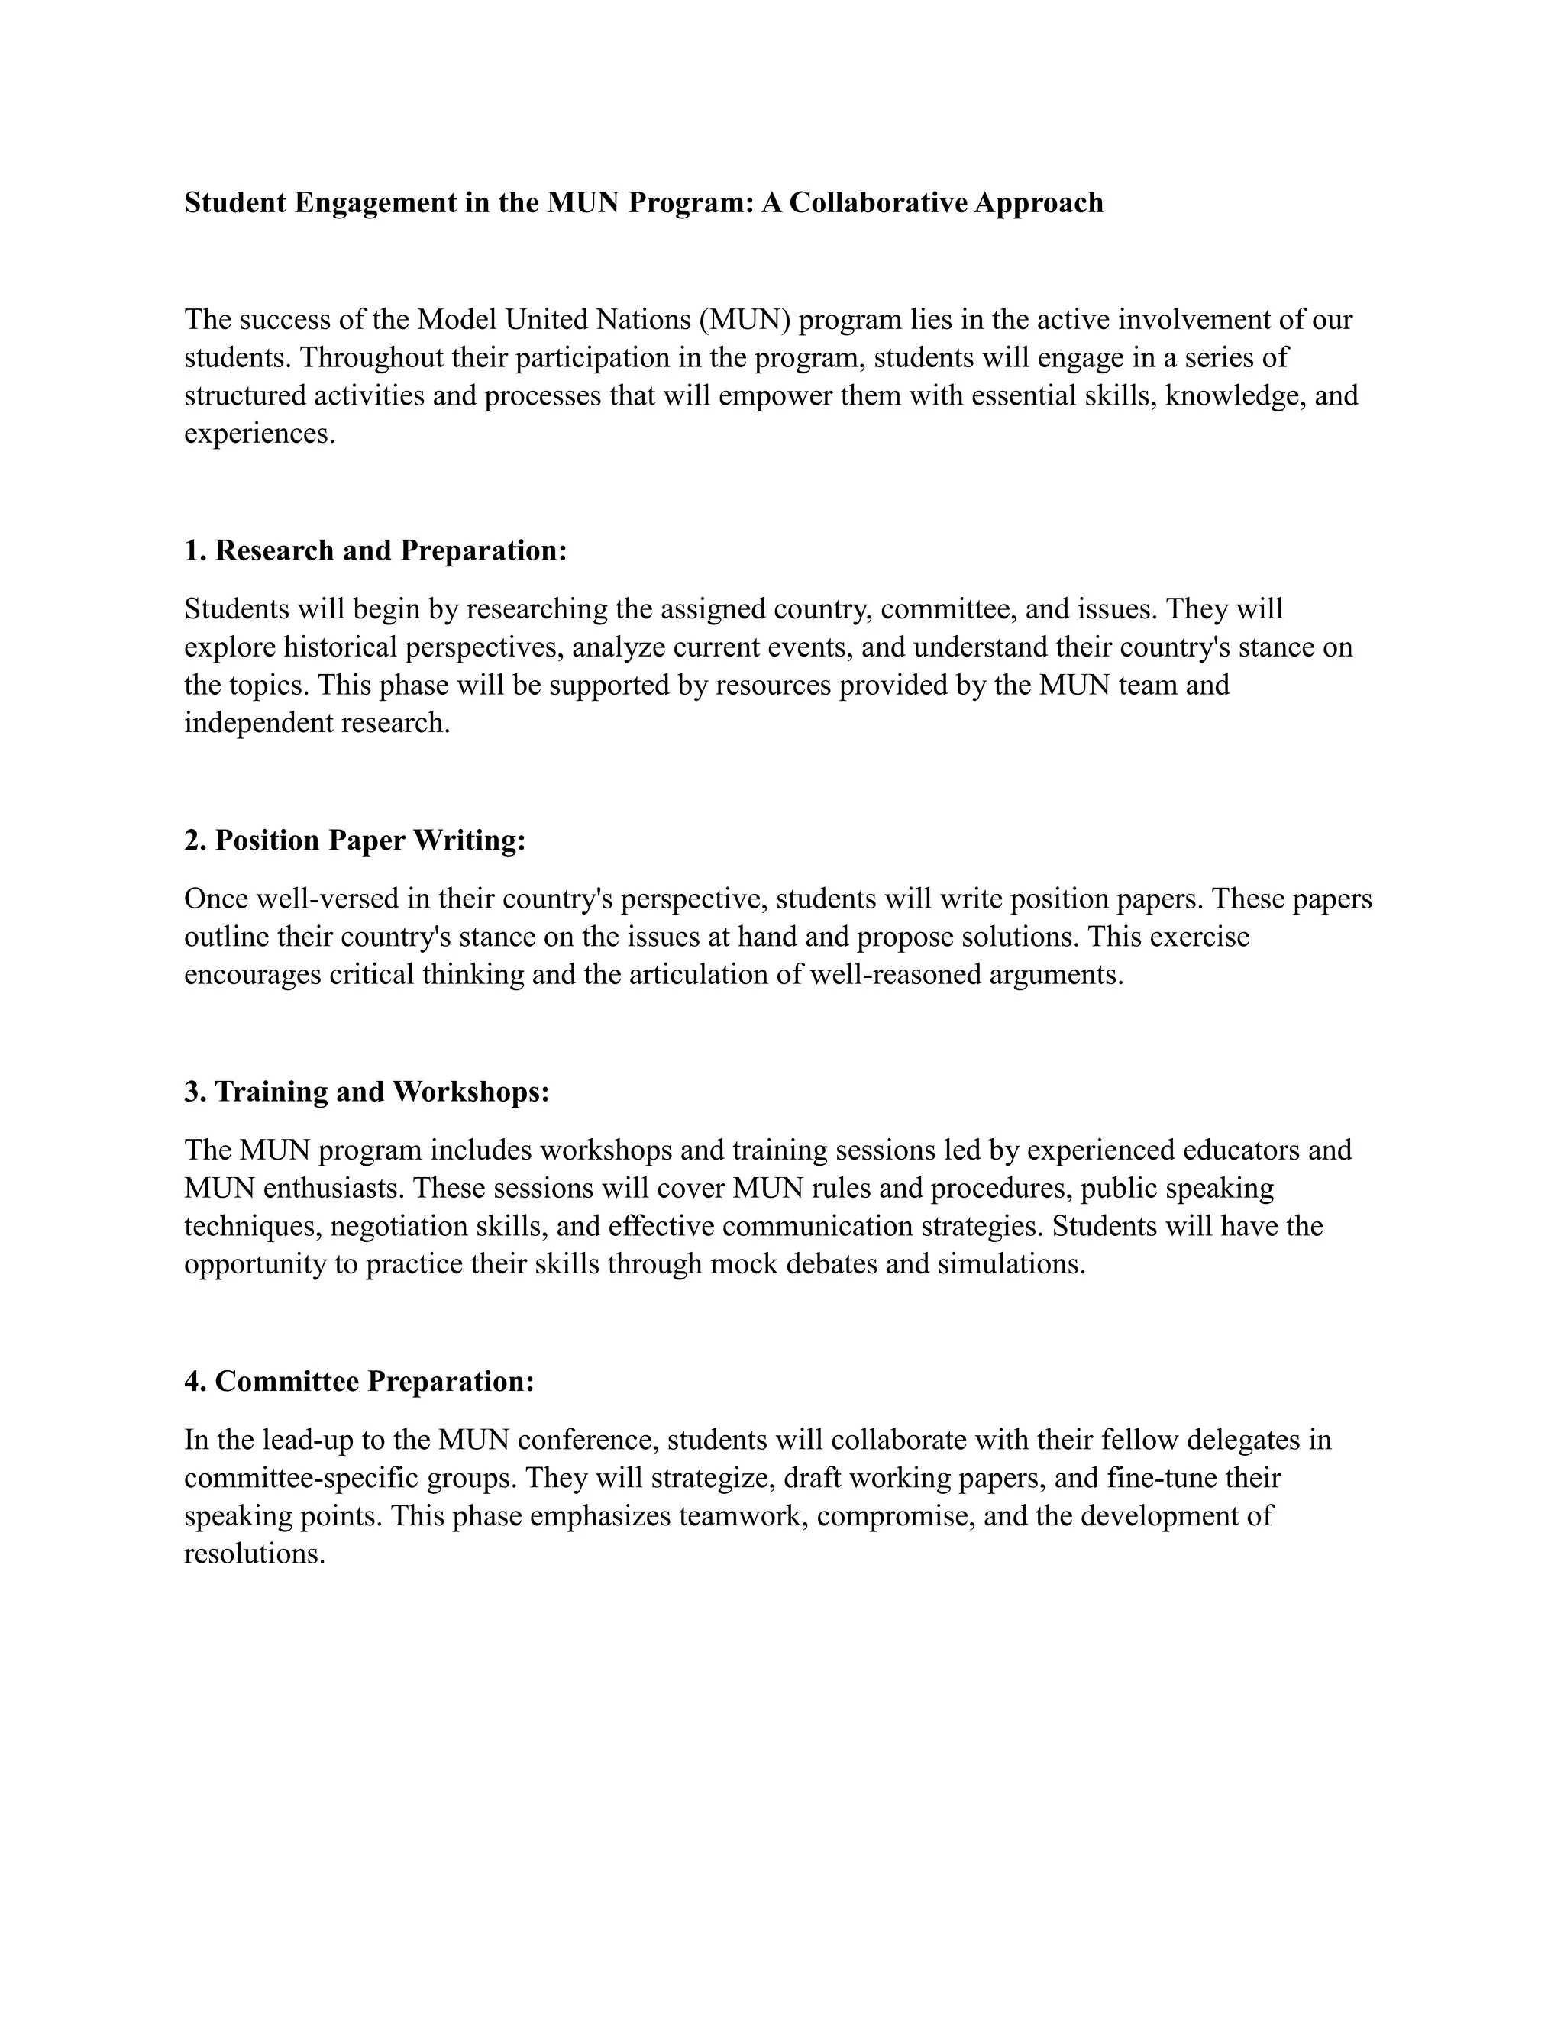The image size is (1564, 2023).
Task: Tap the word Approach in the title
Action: pyautogui.click(x=1039, y=203)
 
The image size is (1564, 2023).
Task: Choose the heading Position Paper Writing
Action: pyautogui.click(x=355, y=841)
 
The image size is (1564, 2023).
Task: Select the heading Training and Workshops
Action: pyautogui.click(x=367, y=1092)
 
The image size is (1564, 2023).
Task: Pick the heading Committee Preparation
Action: pyautogui.click(x=360, y=1382)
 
